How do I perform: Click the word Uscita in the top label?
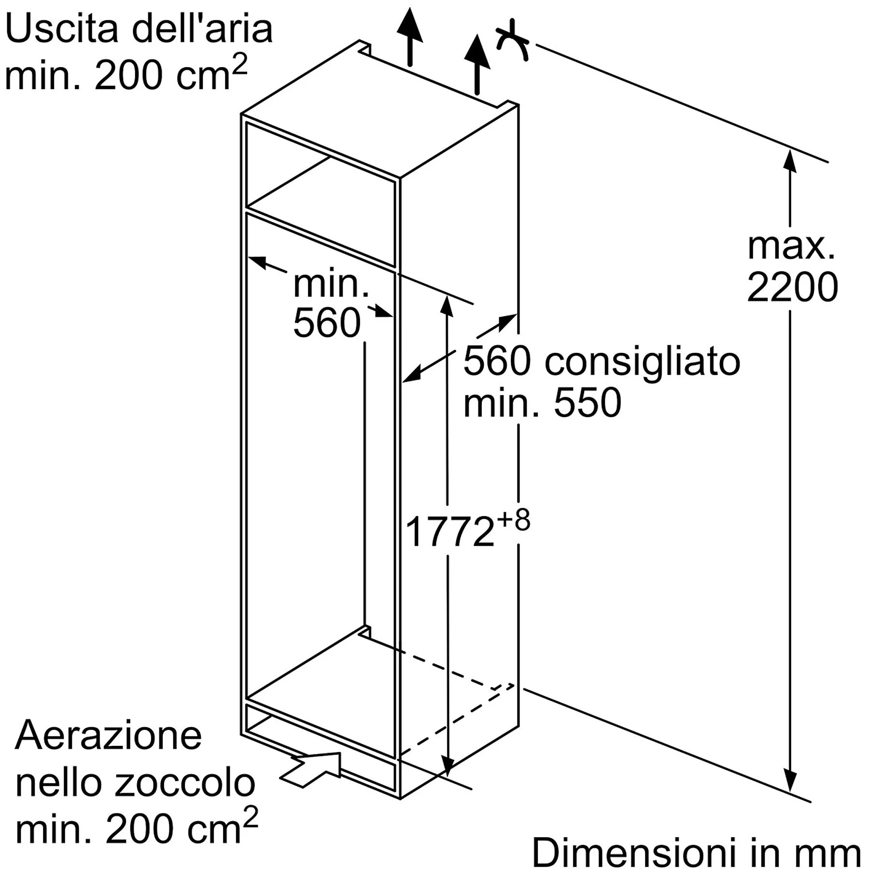pos(62,28)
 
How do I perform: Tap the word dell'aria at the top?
pos(202,28)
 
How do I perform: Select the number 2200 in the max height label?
pos(792,287)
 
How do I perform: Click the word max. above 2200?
pos(791,247)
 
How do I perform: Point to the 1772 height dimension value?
pos(450,532)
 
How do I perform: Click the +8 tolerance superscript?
pos(514,520)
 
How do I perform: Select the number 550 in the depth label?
pos(587,403)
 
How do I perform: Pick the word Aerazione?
pos(108,736)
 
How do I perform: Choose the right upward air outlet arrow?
pos(477,64)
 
